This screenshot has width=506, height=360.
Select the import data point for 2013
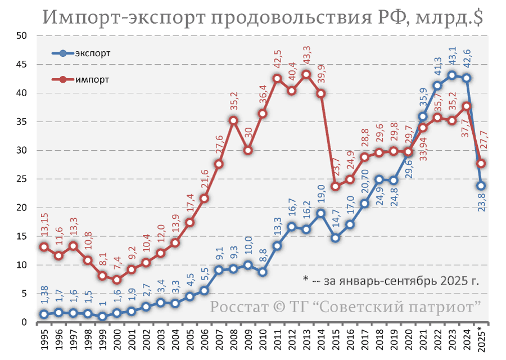click(x=306, y=74)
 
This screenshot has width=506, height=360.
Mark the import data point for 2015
click(x=335, y=186)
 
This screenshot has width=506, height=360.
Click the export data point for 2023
click(x=451, y=75)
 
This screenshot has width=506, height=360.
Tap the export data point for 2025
click(x=481, y=186)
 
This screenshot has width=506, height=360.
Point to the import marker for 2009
click(x=248, y=150)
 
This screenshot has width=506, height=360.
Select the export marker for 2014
click(x=320, y=213)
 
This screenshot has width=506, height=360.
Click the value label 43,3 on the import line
click(x=306, y=56)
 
